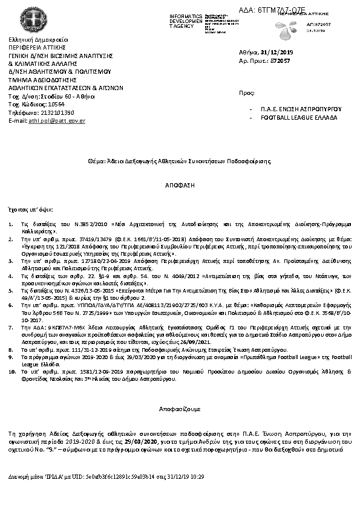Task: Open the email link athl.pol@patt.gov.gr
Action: tap(57, 121)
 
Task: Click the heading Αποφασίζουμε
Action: tap(179, 408)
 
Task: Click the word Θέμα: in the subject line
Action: tap(97, 161)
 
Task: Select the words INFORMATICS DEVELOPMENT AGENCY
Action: tap(186, 20)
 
